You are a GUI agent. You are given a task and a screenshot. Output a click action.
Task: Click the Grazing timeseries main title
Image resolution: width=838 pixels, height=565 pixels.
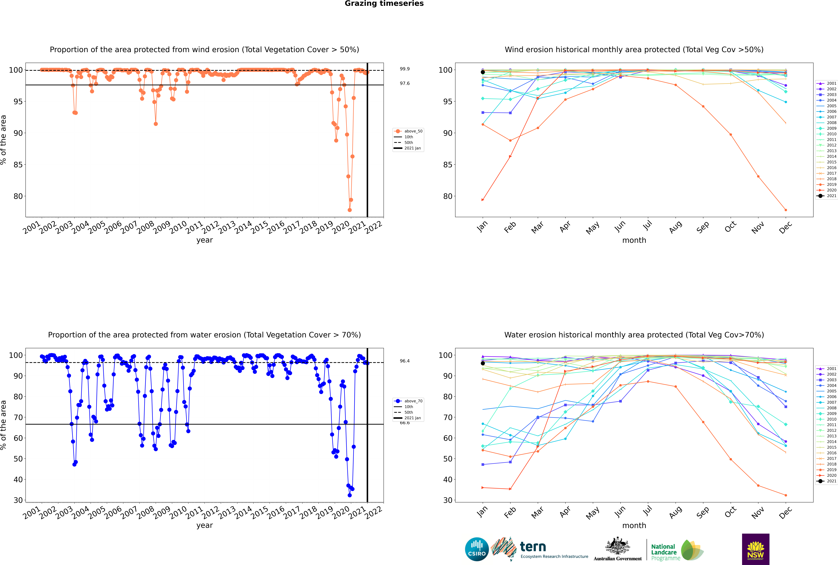coord(384,4)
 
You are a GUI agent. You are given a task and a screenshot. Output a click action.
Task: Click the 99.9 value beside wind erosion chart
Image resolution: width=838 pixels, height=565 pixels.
coord(405,69)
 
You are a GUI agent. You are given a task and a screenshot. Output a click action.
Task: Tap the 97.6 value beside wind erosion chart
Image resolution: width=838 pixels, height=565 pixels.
coord(405,83)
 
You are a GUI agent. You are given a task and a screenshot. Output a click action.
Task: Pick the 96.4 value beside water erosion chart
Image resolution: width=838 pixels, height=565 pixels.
coord(405,361)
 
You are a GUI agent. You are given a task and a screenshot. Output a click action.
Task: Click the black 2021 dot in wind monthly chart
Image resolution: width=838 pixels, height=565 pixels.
coord(483,72)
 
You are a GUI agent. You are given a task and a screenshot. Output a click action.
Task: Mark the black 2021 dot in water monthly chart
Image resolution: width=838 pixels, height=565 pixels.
coord(483,363)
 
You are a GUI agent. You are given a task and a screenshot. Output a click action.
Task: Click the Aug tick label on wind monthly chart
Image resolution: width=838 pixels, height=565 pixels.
coord(675,227)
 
